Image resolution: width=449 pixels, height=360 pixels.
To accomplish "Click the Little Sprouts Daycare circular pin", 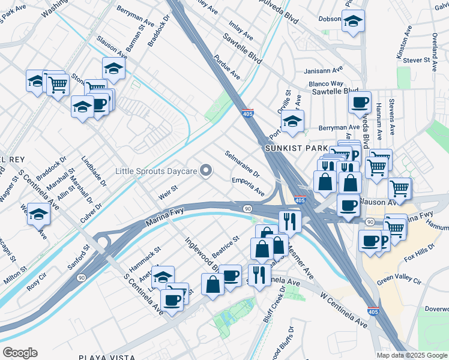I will [x=206, y=172].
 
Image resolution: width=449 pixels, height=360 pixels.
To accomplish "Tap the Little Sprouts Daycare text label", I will [x=156, y=172].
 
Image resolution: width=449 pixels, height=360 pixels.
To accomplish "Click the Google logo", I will [x=20, y=352].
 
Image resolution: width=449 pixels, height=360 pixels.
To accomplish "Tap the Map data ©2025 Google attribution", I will [x=411, y=355].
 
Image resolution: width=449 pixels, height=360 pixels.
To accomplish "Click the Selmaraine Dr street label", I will [x=242, y=165].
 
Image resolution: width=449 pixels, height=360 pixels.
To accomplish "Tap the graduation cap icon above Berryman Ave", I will [x=293, y=120].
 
